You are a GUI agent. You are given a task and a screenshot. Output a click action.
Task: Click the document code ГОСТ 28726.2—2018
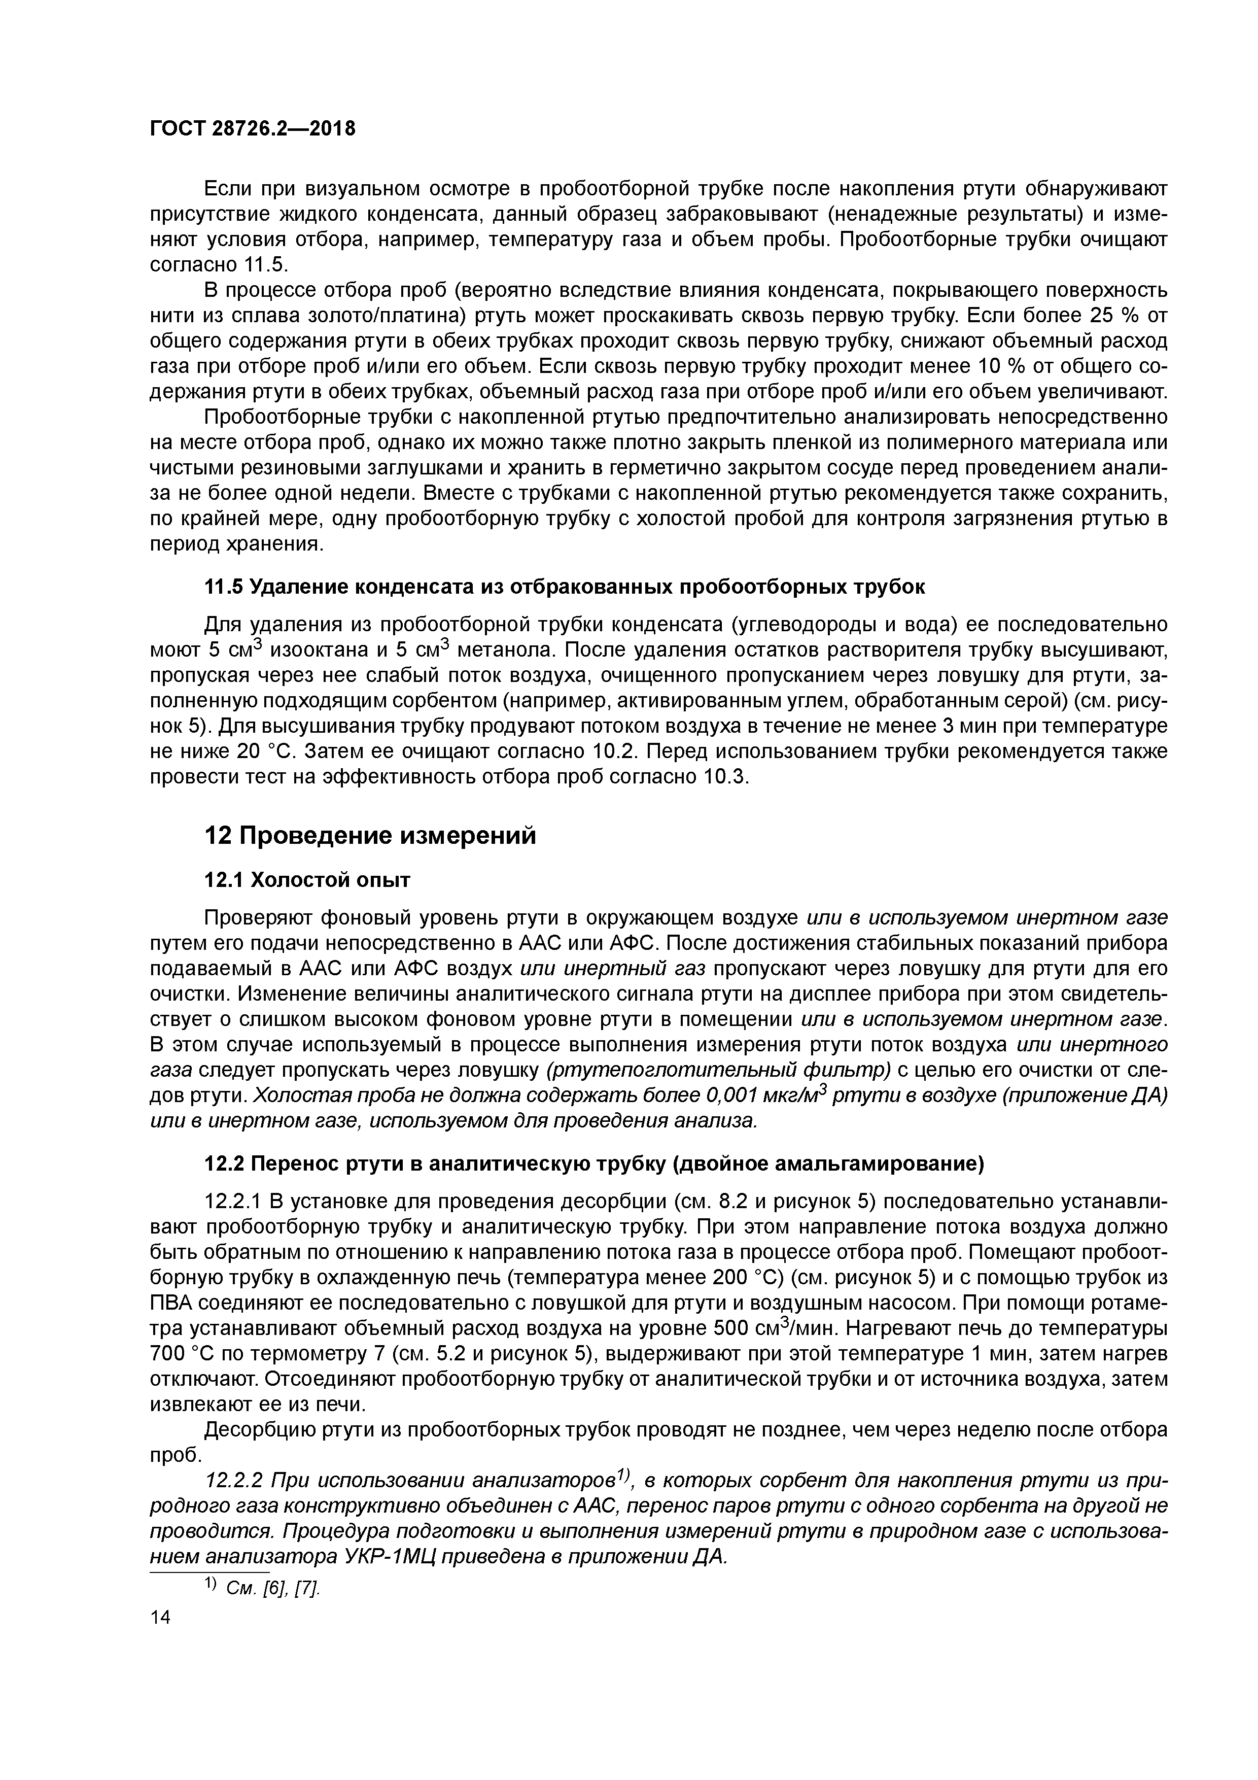(x=252, y=129)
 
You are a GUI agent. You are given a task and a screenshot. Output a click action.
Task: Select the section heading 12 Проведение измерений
(x=370, y=836)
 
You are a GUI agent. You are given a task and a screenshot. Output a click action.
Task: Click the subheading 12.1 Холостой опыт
(x=307, y=880)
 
